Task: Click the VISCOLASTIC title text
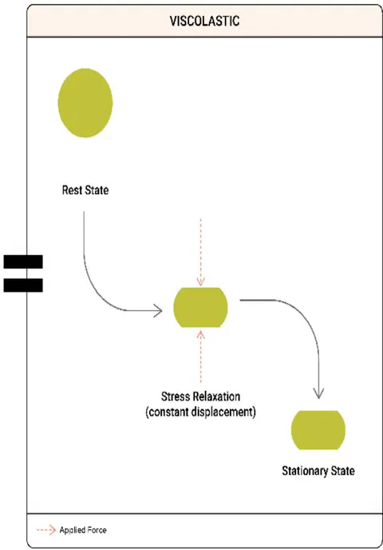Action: [x=204, y=21]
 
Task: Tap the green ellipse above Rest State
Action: [x=85, y=103]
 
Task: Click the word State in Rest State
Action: [x=96, y=190]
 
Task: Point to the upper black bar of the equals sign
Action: [x=23, y=261]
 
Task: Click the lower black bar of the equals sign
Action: [x=23, y=285]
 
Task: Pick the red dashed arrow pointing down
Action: [x=200, y=252]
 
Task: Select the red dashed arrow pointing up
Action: [x=200, y=356]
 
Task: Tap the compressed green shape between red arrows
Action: [x=200, y=307]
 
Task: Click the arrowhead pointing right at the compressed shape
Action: [x=158, y=311]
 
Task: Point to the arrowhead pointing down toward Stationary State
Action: [x=318, y=393]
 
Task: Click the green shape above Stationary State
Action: [x=318, y=430]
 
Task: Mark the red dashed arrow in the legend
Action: [x=46, y=530]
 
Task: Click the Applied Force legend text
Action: [x=83, y=530]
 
